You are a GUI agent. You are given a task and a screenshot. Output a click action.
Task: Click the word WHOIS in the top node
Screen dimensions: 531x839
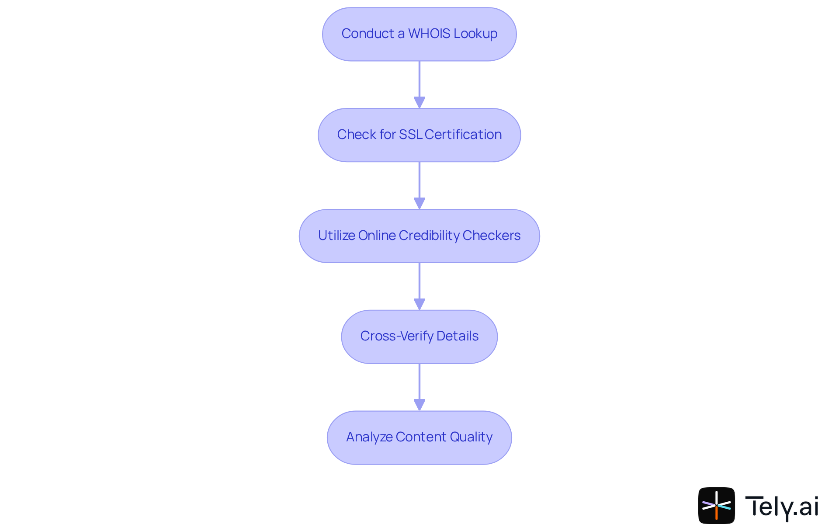point(429,34)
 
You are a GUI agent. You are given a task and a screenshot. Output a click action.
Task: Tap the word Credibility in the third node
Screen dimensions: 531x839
point(429,236)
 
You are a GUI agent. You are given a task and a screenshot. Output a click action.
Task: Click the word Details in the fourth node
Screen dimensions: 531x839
point(457,336)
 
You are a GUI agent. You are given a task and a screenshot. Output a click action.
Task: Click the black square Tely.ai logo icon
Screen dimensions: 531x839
point(716,506)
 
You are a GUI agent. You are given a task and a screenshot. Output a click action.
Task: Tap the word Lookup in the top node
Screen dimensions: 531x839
point(475,34)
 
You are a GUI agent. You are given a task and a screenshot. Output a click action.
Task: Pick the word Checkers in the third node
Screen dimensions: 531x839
point(491,236)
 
